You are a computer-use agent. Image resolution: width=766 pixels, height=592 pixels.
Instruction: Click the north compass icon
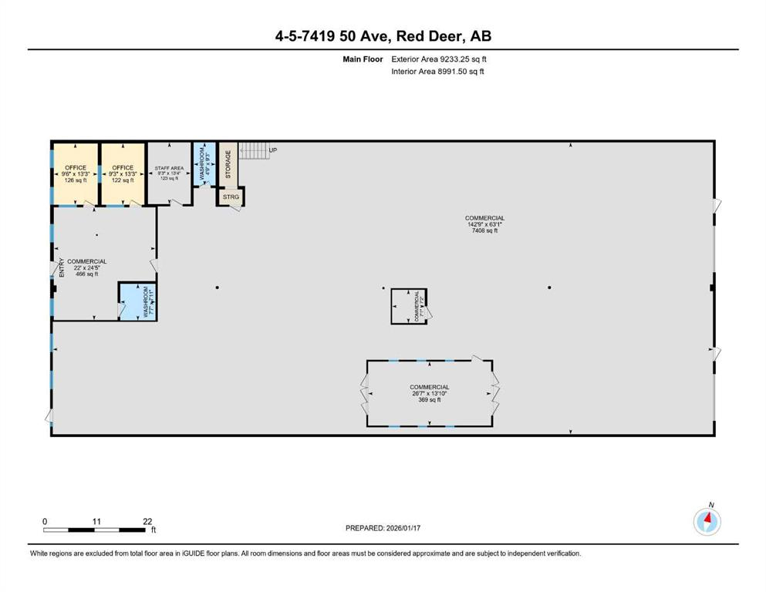(x=707, y=522)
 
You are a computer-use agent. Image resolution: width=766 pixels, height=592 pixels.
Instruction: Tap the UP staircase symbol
(x=255, y=150)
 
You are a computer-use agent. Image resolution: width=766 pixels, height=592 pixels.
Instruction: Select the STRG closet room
(x=231, y=197)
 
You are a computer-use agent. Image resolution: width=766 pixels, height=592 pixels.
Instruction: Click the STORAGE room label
(x=228, y=163)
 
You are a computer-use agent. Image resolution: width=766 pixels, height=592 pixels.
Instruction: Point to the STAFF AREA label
(x=170, y=167)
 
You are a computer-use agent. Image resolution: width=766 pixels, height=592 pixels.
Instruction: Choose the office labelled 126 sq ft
(x=76, y=173)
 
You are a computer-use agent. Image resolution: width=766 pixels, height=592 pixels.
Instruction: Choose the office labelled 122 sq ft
(x=123, y=173)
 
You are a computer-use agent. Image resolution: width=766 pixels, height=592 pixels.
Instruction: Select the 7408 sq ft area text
(x=484, y=230)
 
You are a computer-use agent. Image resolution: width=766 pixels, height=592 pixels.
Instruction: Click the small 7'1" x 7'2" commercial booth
(x=409, y=306)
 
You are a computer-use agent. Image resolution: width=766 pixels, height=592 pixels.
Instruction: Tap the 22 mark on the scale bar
(x=148, y=522)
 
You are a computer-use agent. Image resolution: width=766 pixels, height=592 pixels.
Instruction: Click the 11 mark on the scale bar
(x=96, y=522)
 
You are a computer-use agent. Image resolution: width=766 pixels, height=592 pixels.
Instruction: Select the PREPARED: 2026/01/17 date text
(x=383, y=528)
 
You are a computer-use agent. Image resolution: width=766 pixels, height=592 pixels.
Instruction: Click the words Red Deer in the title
(x=430, y=36)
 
